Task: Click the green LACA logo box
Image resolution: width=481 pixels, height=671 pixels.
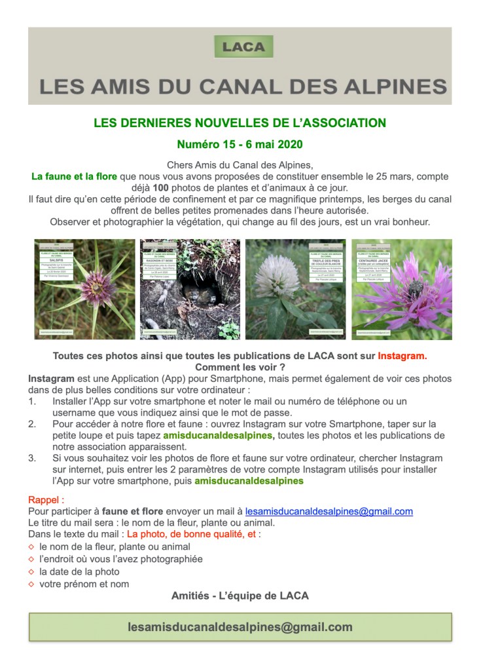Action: point(243,47)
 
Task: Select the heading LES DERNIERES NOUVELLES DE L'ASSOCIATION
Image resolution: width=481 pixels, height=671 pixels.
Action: point(240,123)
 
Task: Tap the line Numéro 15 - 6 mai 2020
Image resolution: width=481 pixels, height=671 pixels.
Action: point(240,144)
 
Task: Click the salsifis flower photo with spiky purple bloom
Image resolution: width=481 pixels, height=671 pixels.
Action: point(84,289)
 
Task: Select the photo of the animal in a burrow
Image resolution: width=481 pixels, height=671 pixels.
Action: point(190,289)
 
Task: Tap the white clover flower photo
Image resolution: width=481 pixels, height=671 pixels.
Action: point(295,289)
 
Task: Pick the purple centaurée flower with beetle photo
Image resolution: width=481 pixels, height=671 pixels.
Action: point(401,289)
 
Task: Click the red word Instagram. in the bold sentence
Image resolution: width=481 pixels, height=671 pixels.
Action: point(402,356)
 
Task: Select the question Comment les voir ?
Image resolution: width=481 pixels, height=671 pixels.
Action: point(240,368)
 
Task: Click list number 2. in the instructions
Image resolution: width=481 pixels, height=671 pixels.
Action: point(32,424)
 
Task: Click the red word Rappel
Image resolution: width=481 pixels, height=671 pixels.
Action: point(46,500)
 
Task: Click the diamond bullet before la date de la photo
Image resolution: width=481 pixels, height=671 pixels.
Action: point(31,572)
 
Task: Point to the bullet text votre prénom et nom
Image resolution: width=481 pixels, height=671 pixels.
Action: point(84,584)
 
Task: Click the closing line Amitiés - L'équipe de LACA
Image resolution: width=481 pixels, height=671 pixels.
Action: point(240,596)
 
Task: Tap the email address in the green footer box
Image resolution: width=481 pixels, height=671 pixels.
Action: point(240,627)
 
